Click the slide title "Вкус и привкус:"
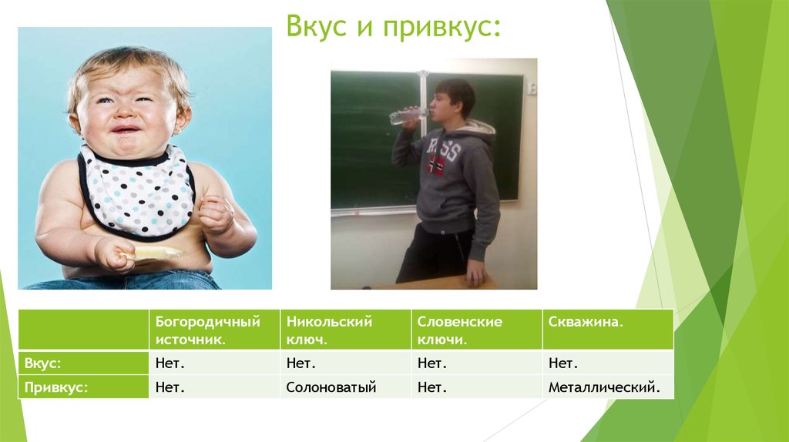392,27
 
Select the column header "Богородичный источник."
207,330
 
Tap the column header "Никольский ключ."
329,330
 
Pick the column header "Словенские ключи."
459,330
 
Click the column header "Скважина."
586,322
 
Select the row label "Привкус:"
56,387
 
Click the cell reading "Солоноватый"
331,387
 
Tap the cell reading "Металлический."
604,387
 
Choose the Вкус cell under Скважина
563,363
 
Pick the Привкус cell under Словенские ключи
432,387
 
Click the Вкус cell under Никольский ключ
301,363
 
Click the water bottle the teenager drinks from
406,116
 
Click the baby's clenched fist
215,214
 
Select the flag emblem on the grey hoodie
437,164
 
